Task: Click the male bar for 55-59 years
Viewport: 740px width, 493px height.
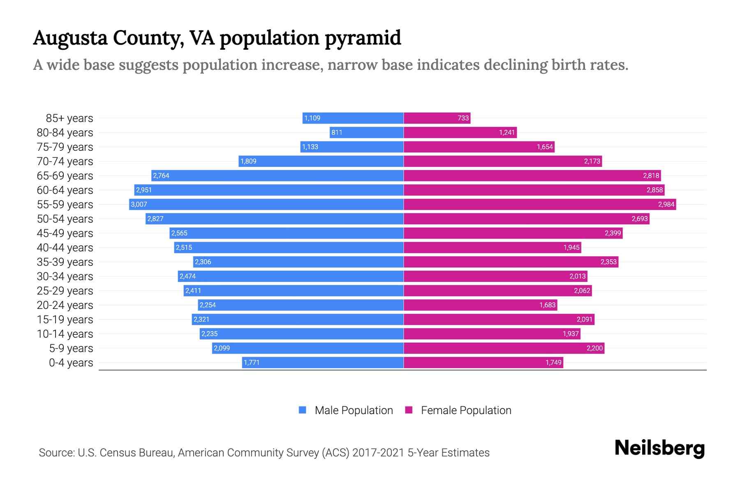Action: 266,204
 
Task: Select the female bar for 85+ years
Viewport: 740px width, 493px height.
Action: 437,118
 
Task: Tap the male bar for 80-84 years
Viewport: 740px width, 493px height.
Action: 366,133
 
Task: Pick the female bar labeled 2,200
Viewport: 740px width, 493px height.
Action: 504,348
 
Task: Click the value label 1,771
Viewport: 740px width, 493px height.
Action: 252,363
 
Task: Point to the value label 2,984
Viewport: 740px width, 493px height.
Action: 666,205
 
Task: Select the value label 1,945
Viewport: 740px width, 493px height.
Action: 571,248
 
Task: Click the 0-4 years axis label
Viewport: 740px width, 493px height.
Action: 71,363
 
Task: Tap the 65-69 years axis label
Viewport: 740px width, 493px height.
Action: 65,176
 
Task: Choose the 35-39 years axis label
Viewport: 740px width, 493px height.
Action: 65,262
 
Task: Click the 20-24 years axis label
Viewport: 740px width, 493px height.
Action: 65,305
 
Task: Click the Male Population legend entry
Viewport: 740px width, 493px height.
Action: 354,410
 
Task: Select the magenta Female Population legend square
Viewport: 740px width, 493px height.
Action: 409,410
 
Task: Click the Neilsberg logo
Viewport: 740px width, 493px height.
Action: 659,448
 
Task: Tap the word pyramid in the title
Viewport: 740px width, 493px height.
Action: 363,38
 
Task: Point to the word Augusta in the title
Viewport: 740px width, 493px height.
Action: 70,38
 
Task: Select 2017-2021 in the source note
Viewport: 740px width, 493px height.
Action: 378,453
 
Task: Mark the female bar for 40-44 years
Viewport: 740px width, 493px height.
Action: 492,248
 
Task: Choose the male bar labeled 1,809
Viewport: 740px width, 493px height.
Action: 321,161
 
